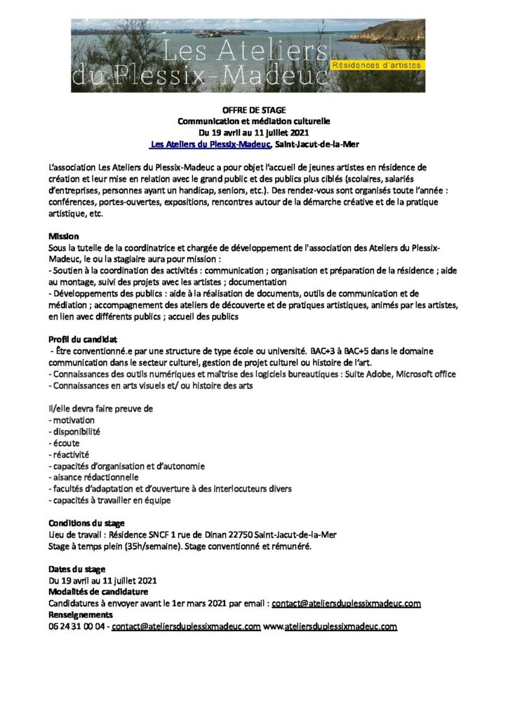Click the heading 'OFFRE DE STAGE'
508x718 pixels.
[253, 111]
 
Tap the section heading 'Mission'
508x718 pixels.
[64, 236]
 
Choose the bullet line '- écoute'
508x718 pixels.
[64, 443]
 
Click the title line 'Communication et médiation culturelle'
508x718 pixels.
[253, 121]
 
